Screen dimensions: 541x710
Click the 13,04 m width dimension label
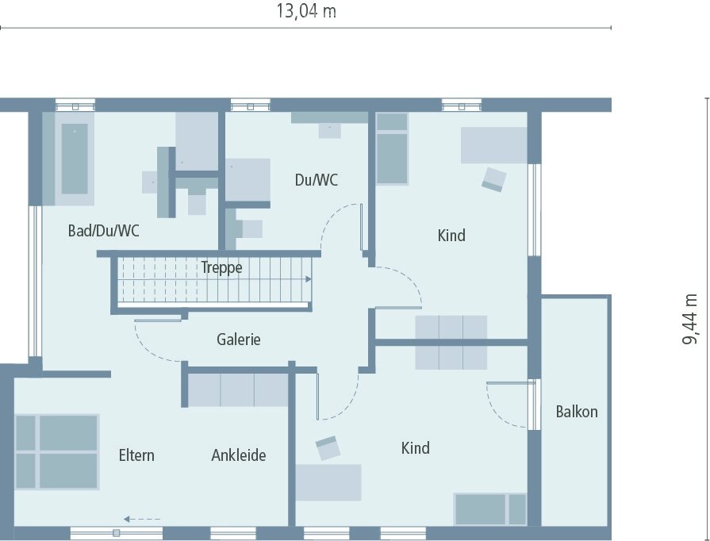(305, 11)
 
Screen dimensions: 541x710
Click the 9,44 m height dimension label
(691, 319)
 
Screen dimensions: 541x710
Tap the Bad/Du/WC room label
(104, 231)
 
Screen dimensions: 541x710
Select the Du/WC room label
(316, 180)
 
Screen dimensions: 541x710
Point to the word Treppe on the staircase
(221, 267)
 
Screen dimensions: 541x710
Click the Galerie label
(239, 340)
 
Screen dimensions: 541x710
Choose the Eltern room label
(136, 455)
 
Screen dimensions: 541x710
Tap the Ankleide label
(238, 455)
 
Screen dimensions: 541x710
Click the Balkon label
(577, 412)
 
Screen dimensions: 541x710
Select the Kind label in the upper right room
(451, 236)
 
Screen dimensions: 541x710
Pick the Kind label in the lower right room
(415, 448)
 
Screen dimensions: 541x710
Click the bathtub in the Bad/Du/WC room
(75, 159)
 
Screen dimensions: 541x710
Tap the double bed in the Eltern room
(56, 451)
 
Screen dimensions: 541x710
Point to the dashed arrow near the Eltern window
(143, 520)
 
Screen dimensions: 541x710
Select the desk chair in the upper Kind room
(493, 178)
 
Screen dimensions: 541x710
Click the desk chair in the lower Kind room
(328, 448)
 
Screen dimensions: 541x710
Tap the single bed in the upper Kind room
(392, 149)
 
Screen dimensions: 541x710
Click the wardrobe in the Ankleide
(238, 389)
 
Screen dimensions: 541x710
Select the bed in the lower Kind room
(489, 508)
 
